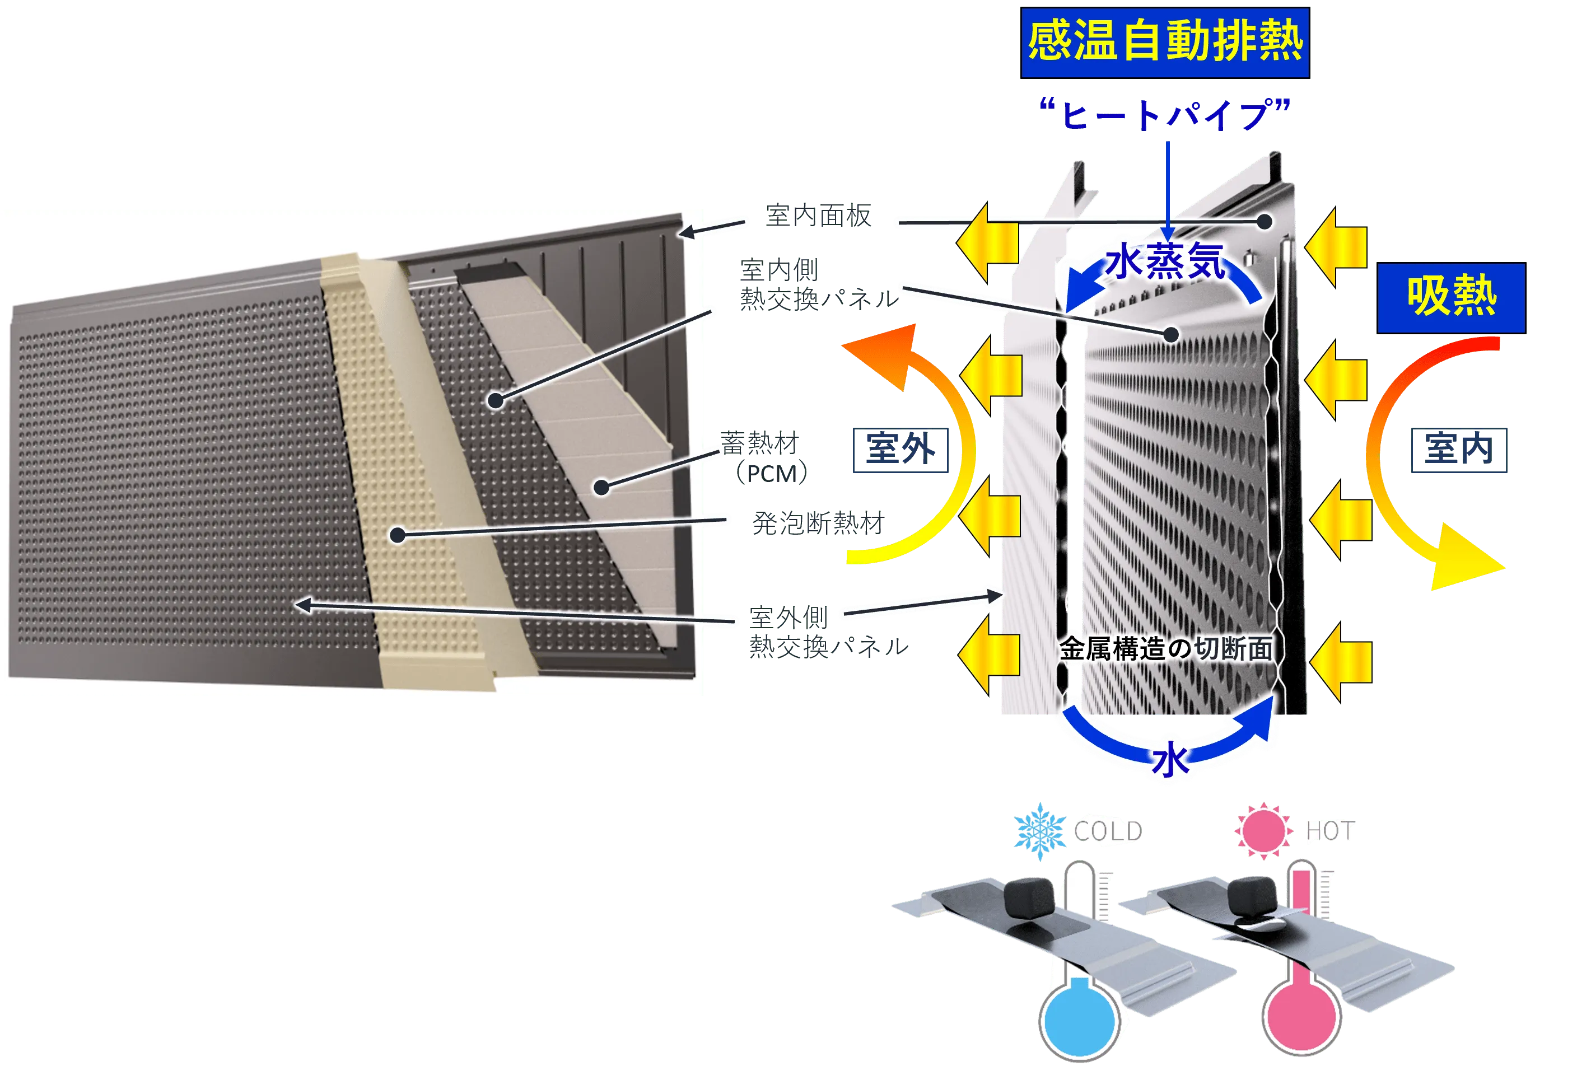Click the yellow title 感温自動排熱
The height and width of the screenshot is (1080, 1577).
tap(1164, 42)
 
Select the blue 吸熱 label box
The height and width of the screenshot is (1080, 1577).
tap(1452, 297)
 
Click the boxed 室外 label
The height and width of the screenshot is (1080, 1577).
tap(899, 449)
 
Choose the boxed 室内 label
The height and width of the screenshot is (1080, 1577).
tap(1459, 449)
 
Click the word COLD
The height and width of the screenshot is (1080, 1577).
tap(1108, 831)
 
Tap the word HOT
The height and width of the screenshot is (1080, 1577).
tap(1330, 831)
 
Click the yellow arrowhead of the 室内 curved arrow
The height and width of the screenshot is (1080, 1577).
tap(1466, 560)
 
